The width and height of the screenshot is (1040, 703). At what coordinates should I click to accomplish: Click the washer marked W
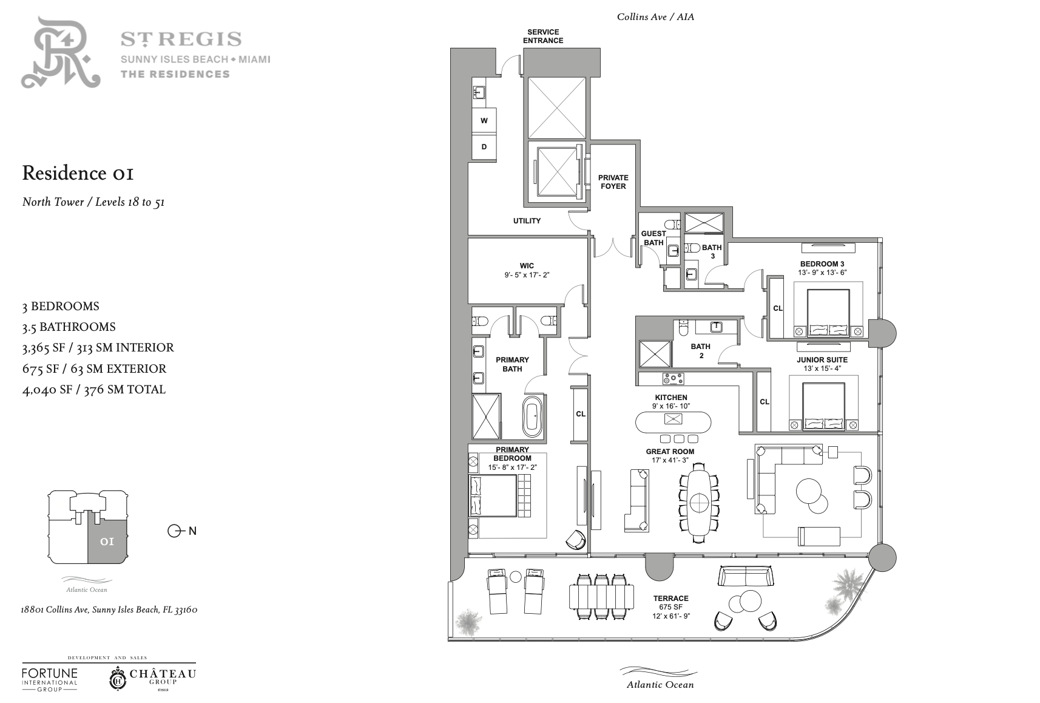(484, 121)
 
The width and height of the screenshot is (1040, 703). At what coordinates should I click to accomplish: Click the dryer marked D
(484, 147)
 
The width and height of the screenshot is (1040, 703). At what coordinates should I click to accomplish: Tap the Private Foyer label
(613, 182)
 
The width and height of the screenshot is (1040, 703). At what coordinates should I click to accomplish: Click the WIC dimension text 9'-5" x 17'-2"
(527, 275)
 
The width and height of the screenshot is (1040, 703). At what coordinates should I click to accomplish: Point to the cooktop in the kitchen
(673, 379)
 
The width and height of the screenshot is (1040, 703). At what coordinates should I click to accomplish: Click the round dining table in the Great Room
(699, 502)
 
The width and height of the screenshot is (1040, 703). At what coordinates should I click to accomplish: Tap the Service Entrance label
(542, 36)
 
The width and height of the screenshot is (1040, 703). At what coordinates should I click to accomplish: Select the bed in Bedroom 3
(828, 313)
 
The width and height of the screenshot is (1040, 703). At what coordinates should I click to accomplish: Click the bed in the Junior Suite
(823, 406)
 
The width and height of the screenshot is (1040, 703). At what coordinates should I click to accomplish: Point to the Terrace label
(670, 599)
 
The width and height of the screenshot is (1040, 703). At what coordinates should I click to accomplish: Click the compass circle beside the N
(174, 531)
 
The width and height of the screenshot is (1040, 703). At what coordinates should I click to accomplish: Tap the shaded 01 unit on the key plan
(107, 542)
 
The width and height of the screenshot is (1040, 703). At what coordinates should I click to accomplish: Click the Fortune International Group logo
(50, 680)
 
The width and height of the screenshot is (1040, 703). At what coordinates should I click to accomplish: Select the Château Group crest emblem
(118, 679)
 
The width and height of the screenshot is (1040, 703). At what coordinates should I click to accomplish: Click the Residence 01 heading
(78, 173)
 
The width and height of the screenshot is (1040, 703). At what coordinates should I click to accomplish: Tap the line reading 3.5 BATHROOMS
(69, 327)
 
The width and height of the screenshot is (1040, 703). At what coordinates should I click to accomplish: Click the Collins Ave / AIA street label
(655, 17)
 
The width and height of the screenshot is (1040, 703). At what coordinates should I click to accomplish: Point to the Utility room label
(527, 221)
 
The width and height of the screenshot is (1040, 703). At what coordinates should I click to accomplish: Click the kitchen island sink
(673, 419)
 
